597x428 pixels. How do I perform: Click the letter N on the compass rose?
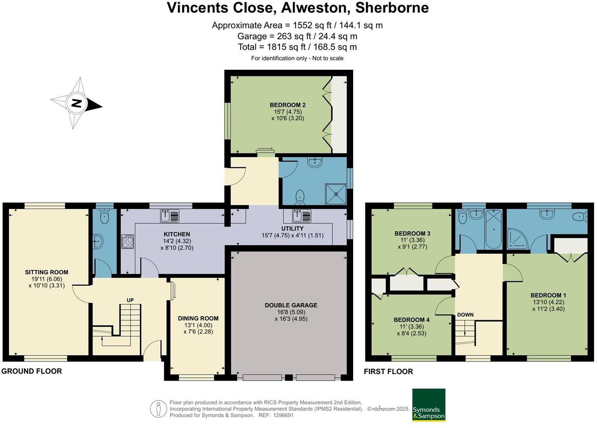(x=76, y=103)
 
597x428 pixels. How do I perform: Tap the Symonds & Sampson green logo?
(x=429, y=405)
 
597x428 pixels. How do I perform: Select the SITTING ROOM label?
(x=46, y=272)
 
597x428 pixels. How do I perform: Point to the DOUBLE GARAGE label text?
(x=291, y=305)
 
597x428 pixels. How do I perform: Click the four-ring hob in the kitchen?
(x=128, y=241)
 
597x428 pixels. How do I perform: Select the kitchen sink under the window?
(x=169, y=215)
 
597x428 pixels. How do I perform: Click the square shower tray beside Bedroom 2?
(x=336, y=194)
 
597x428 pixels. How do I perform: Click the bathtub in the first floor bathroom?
(x=493, y=229)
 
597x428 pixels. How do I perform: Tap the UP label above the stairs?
(x=130, y=300)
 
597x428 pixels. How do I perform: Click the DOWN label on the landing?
(x=465, y=315)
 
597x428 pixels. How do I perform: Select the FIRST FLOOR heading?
(x=388, y=371)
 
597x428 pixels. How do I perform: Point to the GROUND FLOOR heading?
(x=32, y=371)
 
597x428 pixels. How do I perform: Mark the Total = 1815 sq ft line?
(x=297, y=47)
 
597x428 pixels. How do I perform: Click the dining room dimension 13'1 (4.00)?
(x=198, y=325)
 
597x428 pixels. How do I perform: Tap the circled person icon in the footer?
(x=158, y=409)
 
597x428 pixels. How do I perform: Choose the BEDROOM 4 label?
(x=411, y=320)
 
